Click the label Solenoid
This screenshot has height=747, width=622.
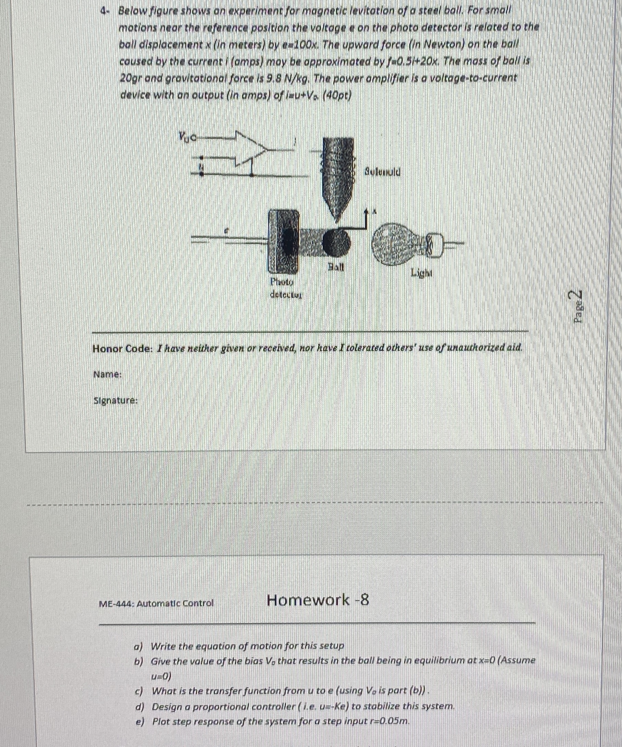tap(382, 173)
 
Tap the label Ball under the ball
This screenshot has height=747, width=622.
tap(335, 266)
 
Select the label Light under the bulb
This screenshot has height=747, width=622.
tap(421, 273)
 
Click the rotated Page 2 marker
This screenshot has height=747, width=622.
tap(578, 306)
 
